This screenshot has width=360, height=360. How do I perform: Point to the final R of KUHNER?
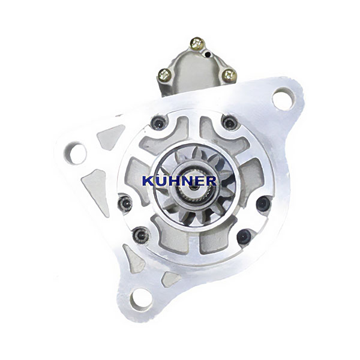point(210,181)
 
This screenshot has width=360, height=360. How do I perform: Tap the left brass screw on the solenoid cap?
point(164,74)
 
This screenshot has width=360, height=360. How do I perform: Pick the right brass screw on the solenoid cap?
point(229,74)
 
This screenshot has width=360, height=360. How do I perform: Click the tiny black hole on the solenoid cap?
point(208,55)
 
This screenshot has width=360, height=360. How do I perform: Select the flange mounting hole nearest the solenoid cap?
point(283,98)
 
